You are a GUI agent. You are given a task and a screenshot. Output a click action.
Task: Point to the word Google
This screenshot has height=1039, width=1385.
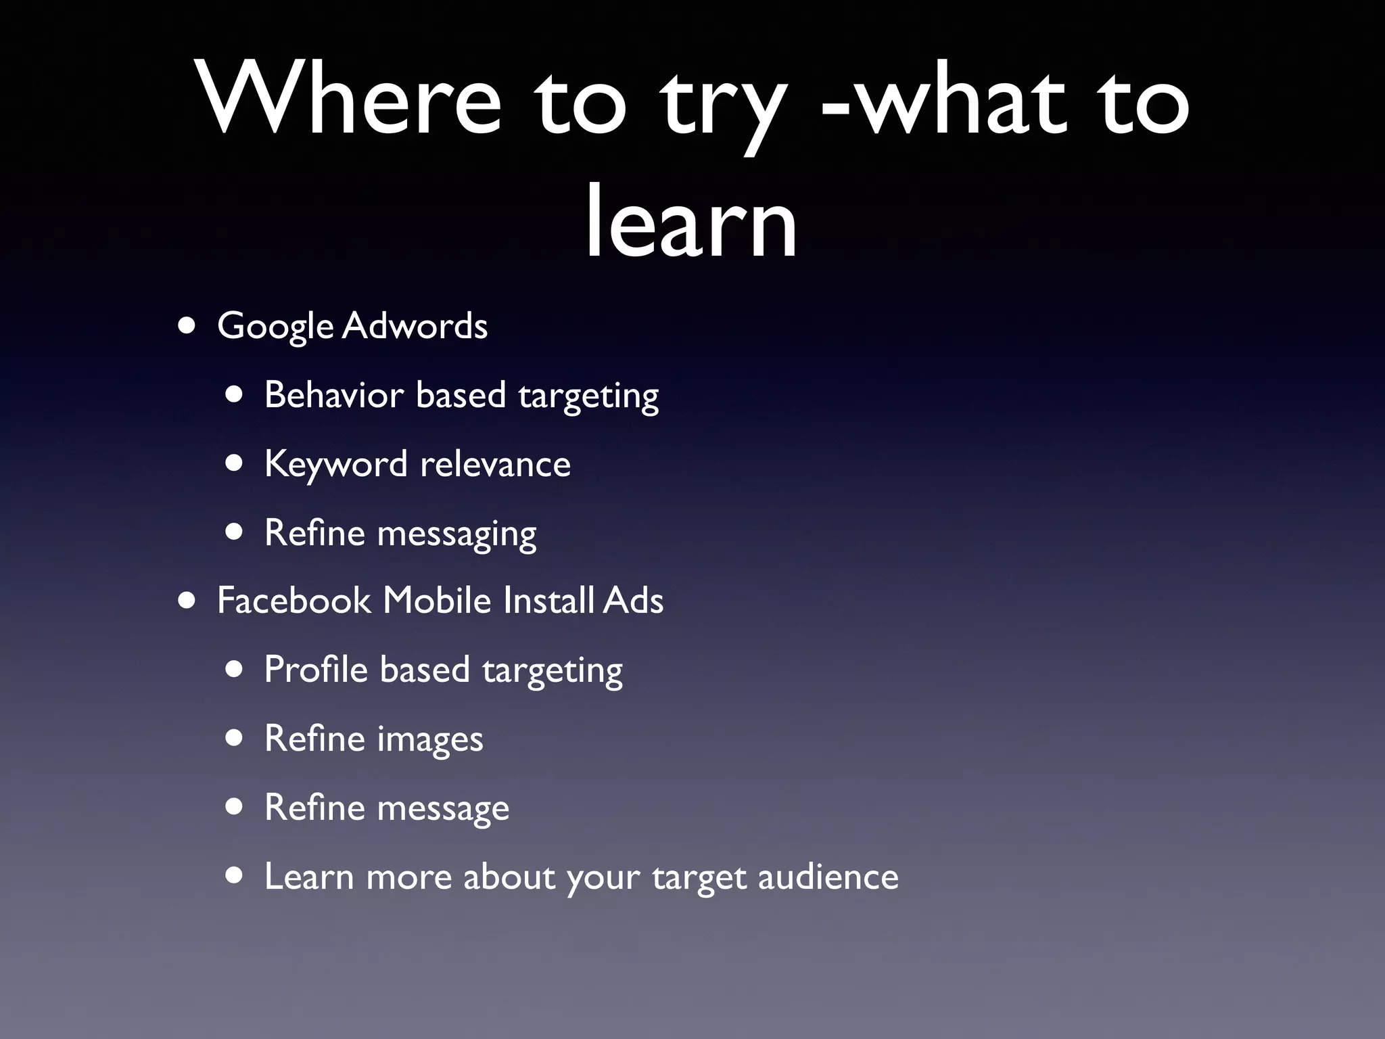point(275,327)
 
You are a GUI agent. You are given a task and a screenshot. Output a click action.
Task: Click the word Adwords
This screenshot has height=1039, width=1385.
point(415,325)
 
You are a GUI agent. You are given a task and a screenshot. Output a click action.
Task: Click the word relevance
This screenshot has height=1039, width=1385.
point(495,464)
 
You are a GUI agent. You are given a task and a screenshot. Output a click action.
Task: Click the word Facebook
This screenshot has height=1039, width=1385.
point(294,600)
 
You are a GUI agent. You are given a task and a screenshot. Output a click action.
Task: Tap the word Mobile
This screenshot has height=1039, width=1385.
point(437,600)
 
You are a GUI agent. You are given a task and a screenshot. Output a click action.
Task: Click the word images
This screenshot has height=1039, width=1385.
point(430,739)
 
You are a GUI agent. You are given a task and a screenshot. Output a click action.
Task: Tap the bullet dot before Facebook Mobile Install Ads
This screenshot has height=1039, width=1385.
point(187,600)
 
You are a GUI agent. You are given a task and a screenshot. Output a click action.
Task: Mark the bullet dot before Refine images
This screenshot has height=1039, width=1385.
point(235,738)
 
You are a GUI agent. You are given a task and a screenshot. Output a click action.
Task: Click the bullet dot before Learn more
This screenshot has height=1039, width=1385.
point(235,876)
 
